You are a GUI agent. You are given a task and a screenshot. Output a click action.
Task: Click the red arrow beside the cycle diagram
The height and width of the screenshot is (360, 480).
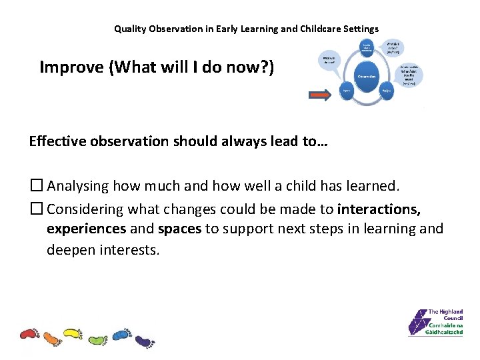[321, 96]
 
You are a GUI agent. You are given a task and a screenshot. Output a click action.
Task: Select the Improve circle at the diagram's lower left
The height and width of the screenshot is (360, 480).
[347, 91]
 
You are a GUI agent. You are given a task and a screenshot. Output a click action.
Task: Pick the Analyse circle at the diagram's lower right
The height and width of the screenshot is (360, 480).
[385, 91]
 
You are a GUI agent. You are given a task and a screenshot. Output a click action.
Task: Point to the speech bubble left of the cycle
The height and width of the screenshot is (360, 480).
[329, 60]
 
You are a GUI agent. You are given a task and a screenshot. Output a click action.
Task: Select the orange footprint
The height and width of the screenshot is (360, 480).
[51, 337]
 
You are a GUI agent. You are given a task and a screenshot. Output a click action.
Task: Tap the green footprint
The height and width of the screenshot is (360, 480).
[97, 339]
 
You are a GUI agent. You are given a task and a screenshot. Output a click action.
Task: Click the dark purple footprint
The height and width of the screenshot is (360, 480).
[144, 341]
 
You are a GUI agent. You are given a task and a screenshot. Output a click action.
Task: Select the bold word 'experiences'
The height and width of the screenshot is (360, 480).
[86, 229]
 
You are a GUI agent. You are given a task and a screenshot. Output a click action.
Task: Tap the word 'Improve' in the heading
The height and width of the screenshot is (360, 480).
[68, 67]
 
